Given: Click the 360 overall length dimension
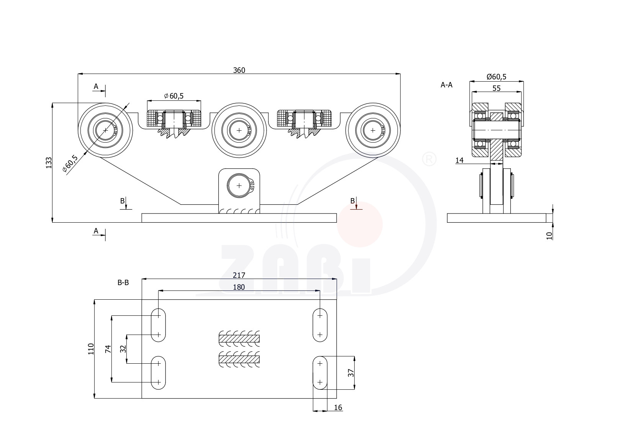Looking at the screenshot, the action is point(239,70).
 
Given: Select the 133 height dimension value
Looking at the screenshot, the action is point(49,162).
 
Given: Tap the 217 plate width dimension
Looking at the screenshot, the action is point(239,275).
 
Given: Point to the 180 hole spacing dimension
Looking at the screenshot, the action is point(239,287).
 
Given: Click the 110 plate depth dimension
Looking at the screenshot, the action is point(91,349).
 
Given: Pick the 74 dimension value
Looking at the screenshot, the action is point(108,349).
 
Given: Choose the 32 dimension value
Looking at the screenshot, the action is point(123,349).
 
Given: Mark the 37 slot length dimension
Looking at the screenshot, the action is point(351,373).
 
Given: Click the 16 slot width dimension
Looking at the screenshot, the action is point(338,407).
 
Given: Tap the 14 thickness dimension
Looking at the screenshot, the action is point(460,160).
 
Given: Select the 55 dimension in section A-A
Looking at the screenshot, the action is point(497,88).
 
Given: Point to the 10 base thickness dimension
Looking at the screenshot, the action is point(550,236).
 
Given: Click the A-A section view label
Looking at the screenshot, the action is point(447,85).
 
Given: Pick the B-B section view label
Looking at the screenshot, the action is point(123,282).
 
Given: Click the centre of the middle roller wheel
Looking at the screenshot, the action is point(239,130).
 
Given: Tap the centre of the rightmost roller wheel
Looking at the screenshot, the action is point(373,130).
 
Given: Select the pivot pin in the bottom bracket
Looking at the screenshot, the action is point(239,185).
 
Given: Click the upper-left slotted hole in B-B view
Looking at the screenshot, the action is point(158,325).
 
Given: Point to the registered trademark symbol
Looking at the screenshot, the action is point(429,159).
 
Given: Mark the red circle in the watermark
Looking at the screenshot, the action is point(360,224).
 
